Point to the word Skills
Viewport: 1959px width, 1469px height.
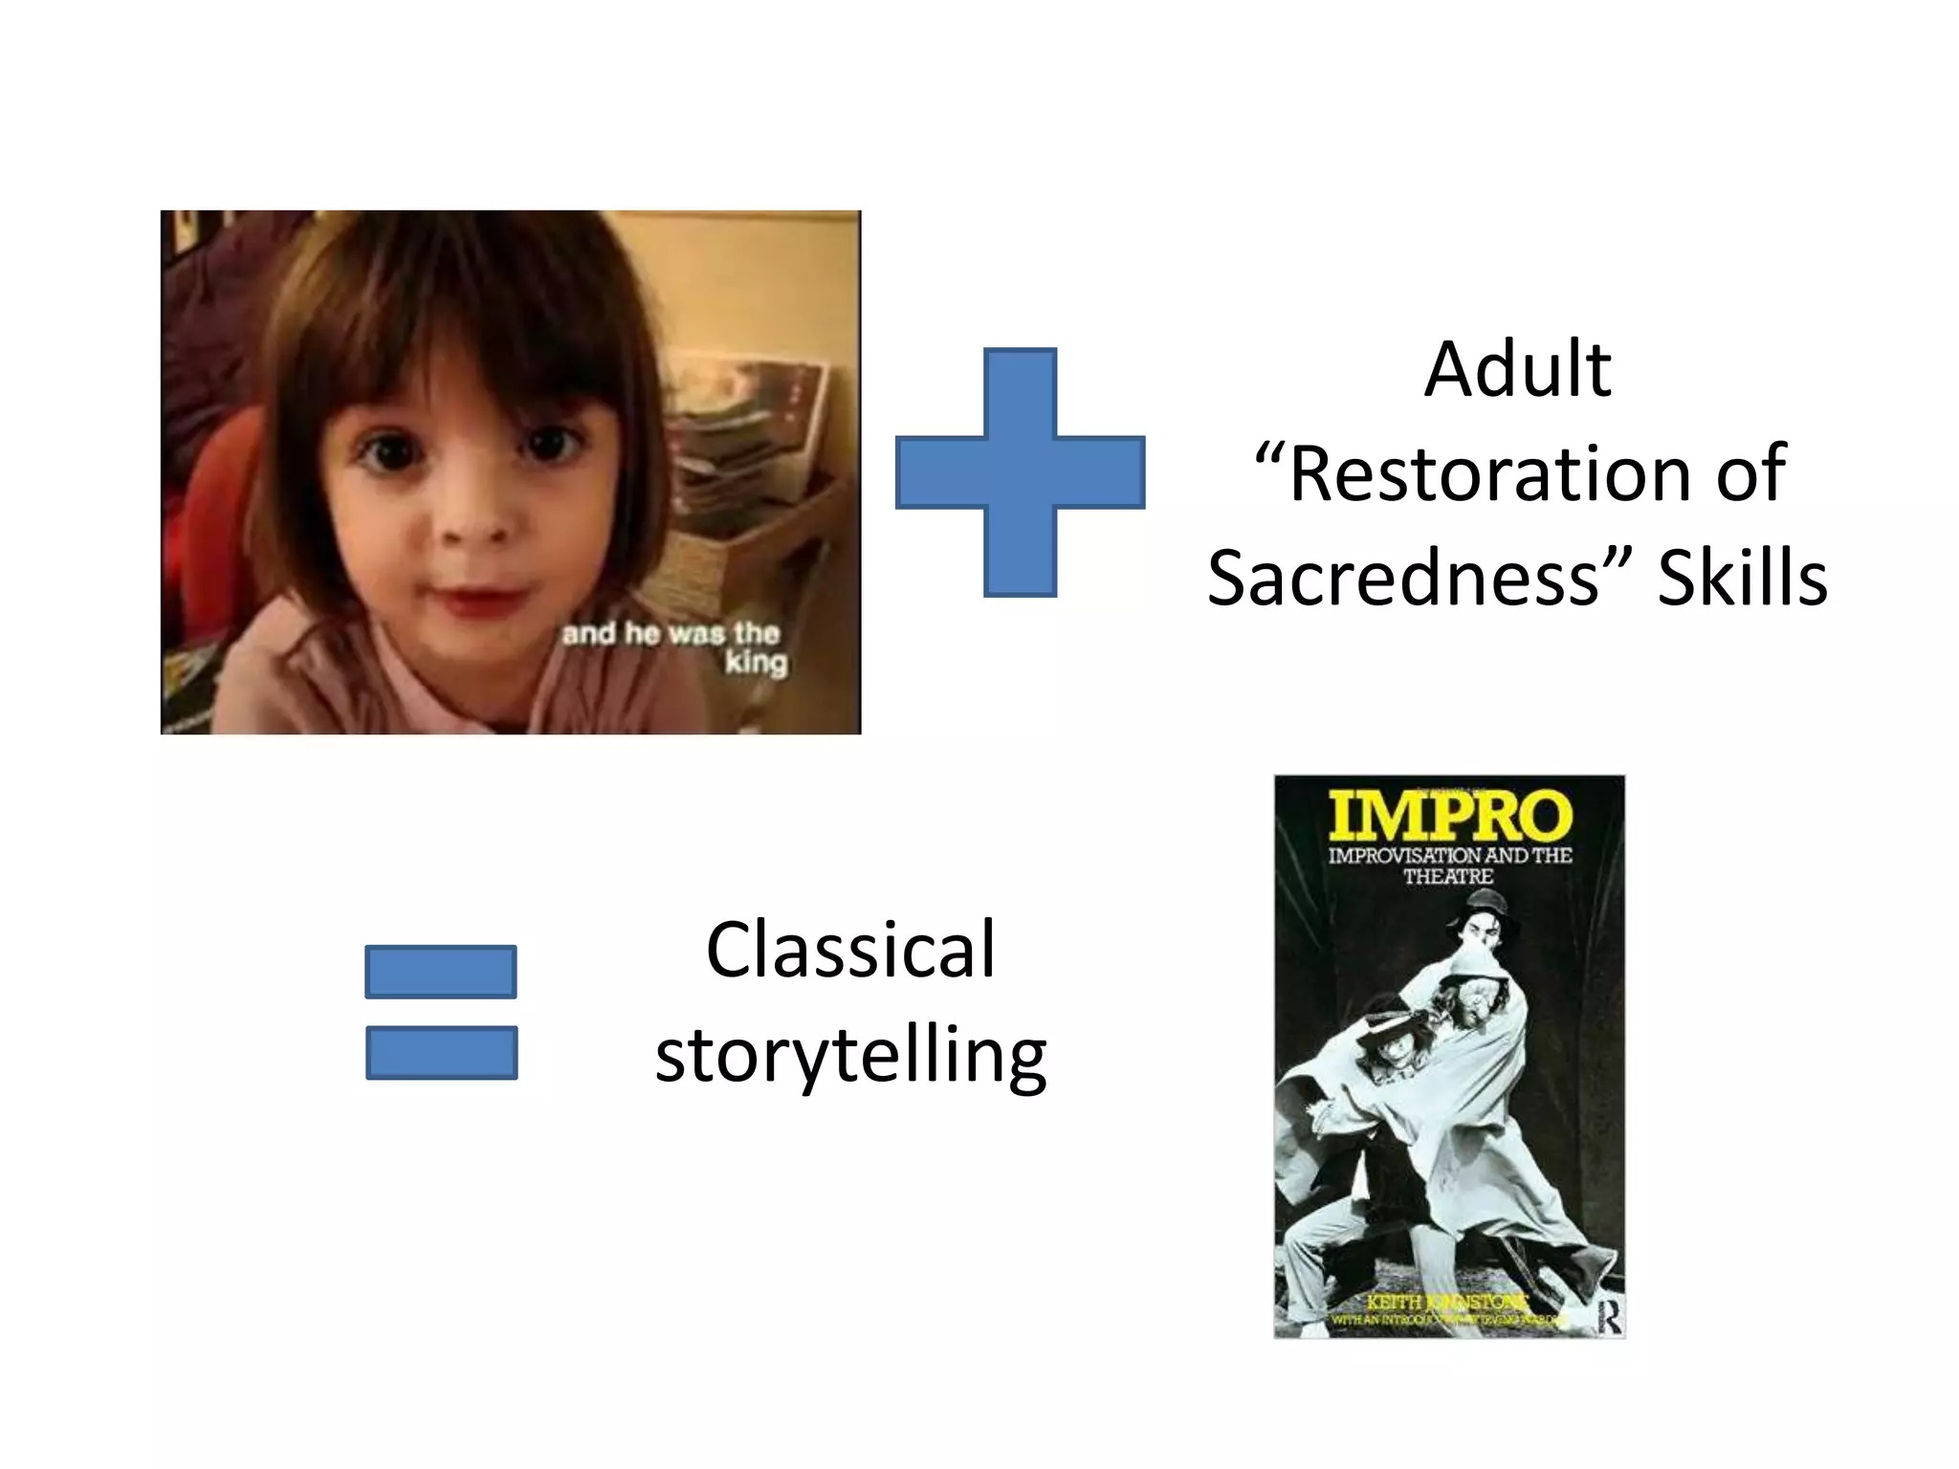point(1742,579)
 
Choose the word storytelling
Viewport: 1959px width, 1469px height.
point(850,1056)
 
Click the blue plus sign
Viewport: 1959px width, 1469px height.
point(1020,472)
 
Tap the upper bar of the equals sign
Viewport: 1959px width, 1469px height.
point(441,972)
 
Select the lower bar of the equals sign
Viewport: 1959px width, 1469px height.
point(441,1052)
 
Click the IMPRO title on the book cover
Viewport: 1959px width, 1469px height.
point(1450,817)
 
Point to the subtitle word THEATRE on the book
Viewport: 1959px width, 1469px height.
point(1448,876)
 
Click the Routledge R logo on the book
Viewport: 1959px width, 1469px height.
point(1609,1319)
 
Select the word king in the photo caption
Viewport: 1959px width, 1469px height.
point(756,663)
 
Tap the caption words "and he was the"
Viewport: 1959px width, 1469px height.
point(671,633)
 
